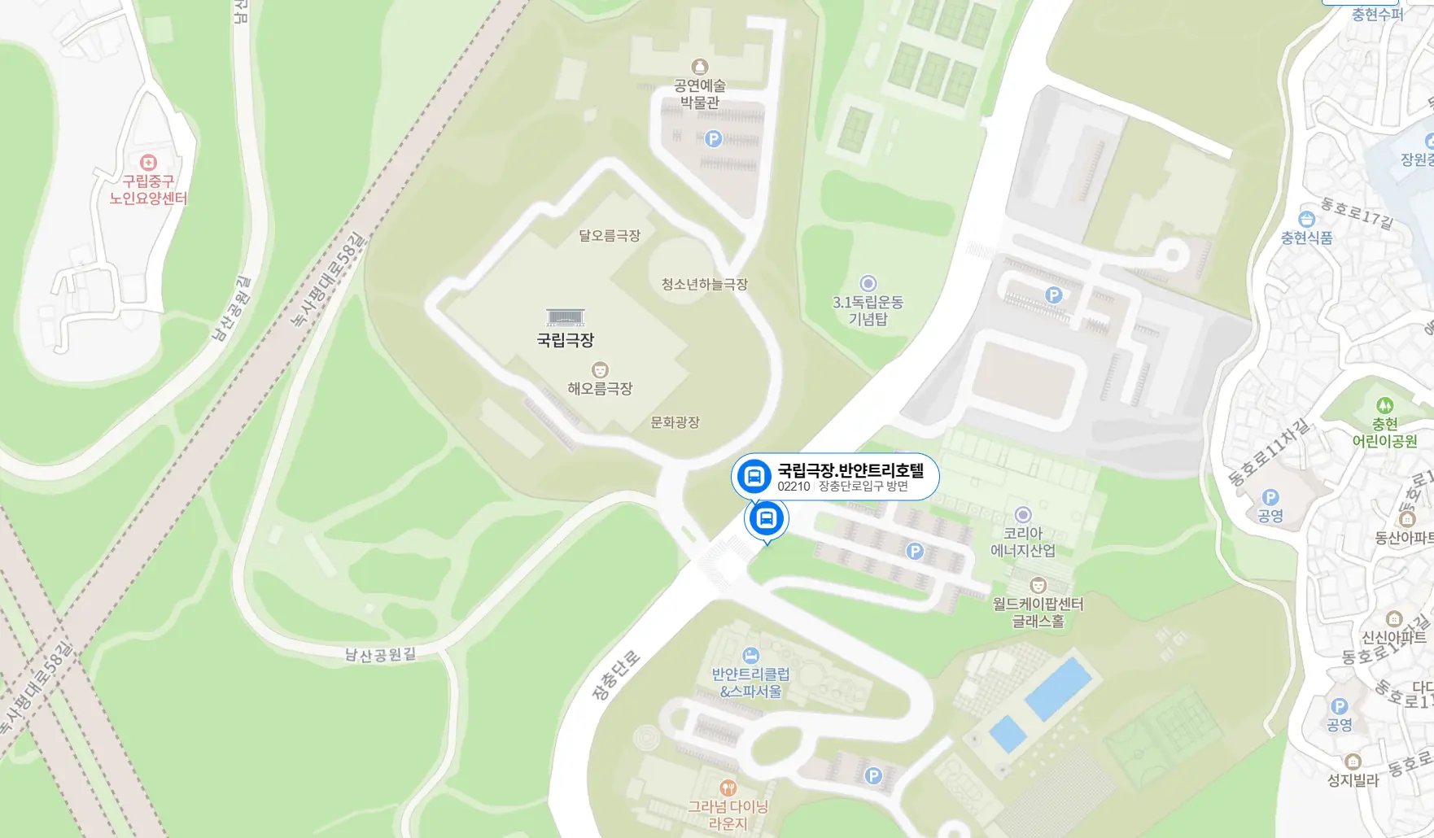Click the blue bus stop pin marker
[x=766, y=518]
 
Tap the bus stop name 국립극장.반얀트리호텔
[x=850, y=470]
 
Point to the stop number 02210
[x=794, y=487]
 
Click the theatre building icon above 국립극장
[x=565, y=316]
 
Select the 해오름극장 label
[x=600, y=388]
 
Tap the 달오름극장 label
[x=610, y=235]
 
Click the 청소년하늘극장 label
[x=704, y=284]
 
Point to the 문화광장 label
[x=675, y=422]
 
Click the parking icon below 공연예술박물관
[x=713, y=138]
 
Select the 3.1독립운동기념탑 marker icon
[x=868, y=283]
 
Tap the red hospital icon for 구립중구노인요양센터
[x=148, y=162]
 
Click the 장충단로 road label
[x=615, y=676]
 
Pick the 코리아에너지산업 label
[x=1023, y=542]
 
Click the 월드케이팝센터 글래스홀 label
[x=1038, y=612]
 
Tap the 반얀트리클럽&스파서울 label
[x=750, y=683]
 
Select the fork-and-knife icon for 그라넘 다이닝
[x=728, y=787]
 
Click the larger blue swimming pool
[x=1058, y=688]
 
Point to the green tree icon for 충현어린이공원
[x=1384, y=405]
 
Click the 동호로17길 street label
[x=1357, y=212]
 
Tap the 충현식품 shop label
[x=1306, y=238]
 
